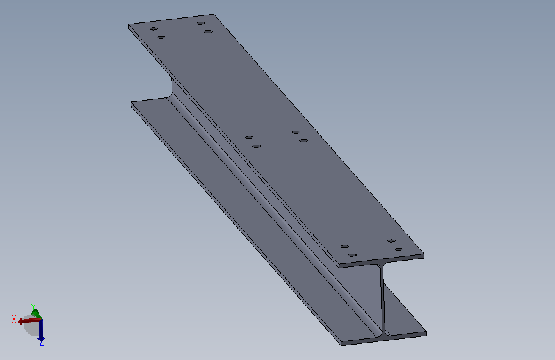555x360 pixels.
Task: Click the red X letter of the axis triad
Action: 14,319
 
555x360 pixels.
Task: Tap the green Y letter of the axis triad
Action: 33,306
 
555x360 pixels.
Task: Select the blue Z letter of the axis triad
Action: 42,343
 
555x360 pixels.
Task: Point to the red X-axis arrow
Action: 29,321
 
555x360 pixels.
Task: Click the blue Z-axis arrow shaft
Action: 41,329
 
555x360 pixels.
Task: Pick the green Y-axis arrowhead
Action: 36,314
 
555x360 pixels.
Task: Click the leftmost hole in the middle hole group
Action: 249,138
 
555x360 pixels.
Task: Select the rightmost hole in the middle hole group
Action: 303,141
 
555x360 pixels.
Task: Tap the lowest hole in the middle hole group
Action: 257,146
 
